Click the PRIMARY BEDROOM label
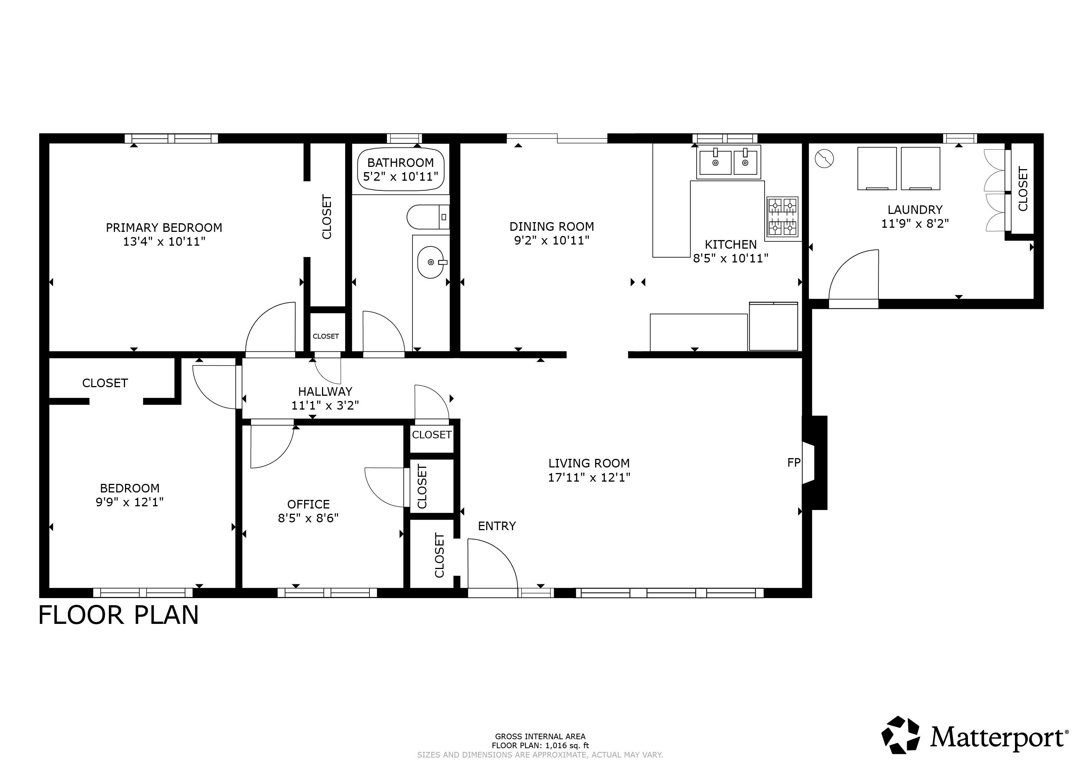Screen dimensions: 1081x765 pyautogui.click(x=164, y=227)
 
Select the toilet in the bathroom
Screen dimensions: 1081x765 pyautogui.click(x=428, y=217)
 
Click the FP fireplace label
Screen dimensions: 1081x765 pyautogui.click(x=794, y=463)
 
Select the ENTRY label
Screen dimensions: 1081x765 pyautogui.click(x=497, y=526)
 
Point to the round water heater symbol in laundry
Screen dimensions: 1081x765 pyautogui.click(x=824, y=158)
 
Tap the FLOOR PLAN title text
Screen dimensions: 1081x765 pyautogui.click(x=118, y=615)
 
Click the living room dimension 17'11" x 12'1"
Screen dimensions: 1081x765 pyautogui.click(x=589, y=477)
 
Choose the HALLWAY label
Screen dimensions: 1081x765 pyautogui.click(x=325, y=391)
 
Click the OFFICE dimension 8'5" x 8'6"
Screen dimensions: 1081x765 pyautogui.click(x=308, y=518)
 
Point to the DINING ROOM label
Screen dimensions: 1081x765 pyautogui.click(x=552, y=227)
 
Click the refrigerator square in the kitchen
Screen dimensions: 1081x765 pyautogui.click(x=774, y=326)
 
